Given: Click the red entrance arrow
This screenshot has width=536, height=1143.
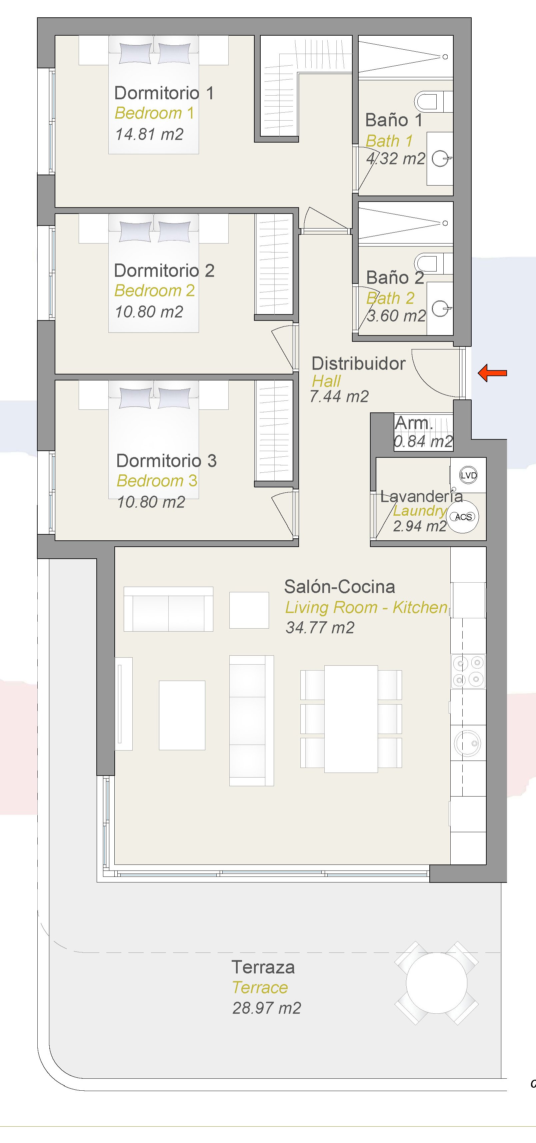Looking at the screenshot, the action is pos(492,373).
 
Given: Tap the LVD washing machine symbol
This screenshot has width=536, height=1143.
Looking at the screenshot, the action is pos(468,475).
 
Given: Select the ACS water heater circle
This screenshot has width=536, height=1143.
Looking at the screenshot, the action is pos(463,516).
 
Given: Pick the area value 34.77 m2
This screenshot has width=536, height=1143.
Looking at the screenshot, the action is pos(320,627).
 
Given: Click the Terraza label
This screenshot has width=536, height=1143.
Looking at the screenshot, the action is pos(263,967).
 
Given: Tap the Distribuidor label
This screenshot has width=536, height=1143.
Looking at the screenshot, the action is pos(358,363).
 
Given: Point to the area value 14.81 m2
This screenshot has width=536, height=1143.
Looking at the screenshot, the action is pos(149,134).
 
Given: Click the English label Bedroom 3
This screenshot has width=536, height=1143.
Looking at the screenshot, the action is pos(157,480).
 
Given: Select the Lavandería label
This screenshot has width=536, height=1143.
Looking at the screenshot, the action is pos(421,496).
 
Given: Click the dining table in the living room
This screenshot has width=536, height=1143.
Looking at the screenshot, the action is pos(351,719).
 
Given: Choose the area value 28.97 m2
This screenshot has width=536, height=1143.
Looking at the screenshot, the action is pos(266,1008).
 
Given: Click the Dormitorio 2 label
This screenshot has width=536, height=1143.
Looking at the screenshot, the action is pos(164,270).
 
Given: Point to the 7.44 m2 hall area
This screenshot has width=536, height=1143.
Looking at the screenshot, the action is pos(339,396).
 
